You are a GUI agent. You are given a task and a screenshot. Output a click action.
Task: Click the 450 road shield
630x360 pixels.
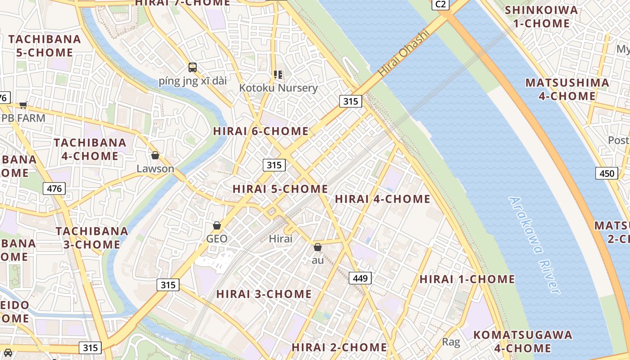tap(606, 173)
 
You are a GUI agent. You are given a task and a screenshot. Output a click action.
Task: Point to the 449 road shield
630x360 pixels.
tap(360, 278)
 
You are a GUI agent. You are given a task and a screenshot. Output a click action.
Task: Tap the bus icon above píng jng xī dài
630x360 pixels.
tap(193, 67)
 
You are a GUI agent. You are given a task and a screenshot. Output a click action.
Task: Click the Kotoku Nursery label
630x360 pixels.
tap(278, 88)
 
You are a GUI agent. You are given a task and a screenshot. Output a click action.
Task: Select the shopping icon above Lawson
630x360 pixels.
tap(155, 155)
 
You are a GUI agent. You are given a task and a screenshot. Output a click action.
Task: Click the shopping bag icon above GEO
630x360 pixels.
tap(217, 225)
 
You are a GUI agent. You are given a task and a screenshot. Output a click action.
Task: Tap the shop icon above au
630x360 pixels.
tap(318, 247)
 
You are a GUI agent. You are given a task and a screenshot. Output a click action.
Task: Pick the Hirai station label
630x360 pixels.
tap(280, 238)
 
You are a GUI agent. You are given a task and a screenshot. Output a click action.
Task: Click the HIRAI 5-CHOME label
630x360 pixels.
tap(280, 189)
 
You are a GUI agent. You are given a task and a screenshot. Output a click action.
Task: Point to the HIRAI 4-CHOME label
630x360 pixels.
tap(382, 198)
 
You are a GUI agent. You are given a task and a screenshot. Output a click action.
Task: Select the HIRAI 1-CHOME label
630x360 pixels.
tap(467, 279)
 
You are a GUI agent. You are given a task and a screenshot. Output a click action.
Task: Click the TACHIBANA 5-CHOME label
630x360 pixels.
tap(45, 45)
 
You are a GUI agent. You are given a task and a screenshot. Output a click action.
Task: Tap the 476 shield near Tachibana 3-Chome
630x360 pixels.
tap(54, 188)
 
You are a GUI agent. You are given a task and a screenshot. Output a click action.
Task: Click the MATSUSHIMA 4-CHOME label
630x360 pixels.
tap(567, 89)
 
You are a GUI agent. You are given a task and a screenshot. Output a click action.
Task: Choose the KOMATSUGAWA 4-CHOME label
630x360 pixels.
tap(522, 341)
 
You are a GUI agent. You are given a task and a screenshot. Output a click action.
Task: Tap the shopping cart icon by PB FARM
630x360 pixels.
tap(23, 105)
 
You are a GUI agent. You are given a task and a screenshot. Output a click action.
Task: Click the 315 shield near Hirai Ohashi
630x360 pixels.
tap(351, 101)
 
